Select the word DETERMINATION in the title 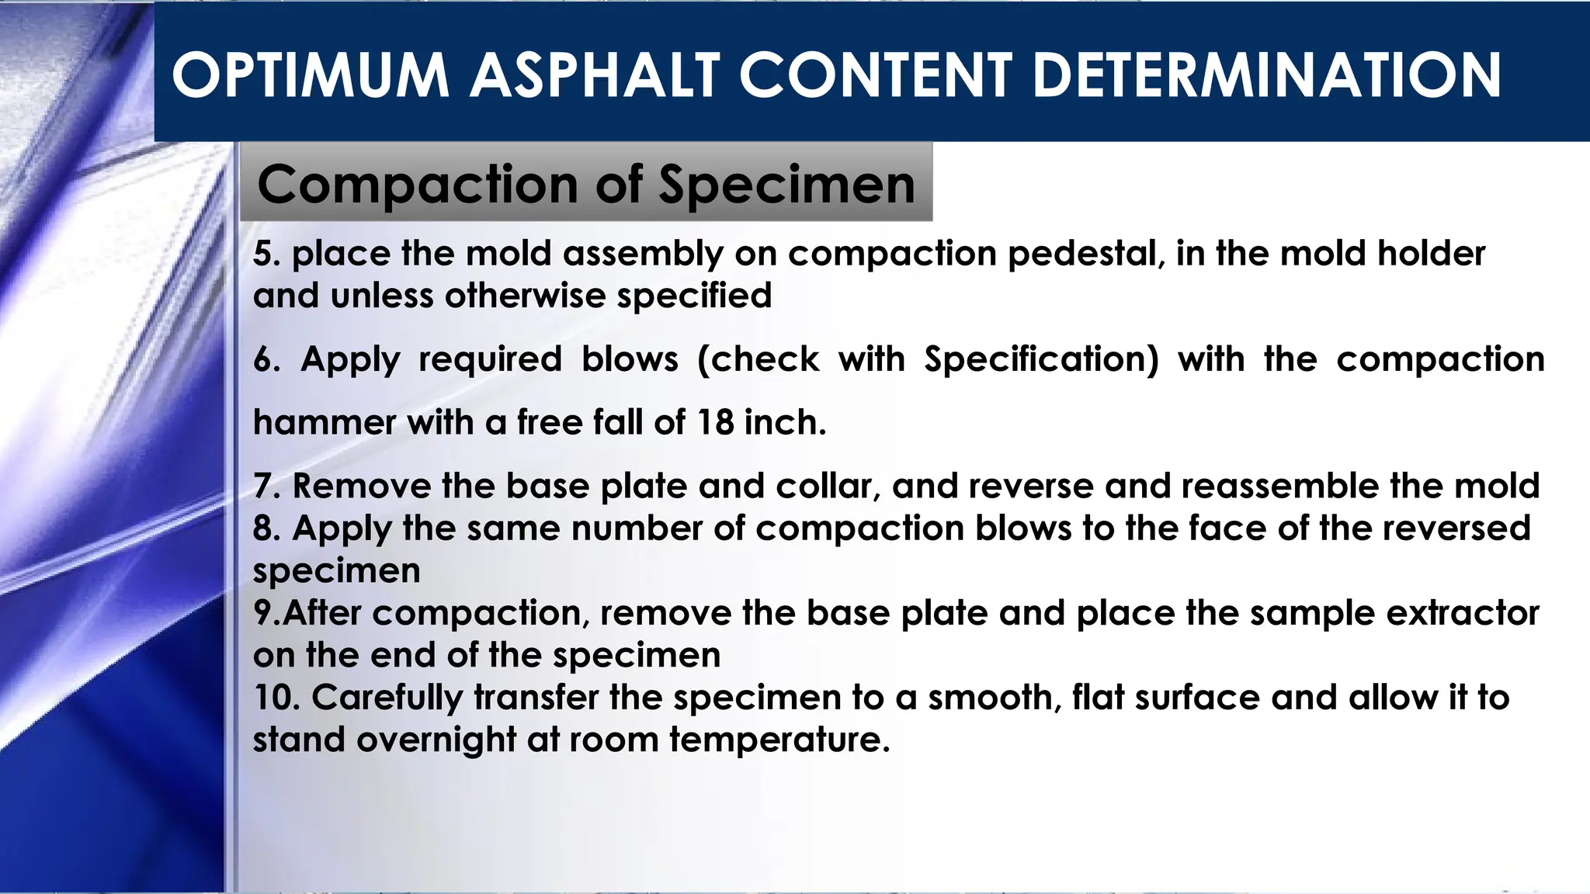[x=1267, y=75]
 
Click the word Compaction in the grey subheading [x=418, y=185]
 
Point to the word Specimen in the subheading [x=786, y=185]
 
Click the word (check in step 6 [x=758, y=359]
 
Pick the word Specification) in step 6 [x=1041, y=359]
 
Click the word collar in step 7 [x=828, y=487]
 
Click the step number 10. [x=276, y=697]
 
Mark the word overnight [x=436, y=740]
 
